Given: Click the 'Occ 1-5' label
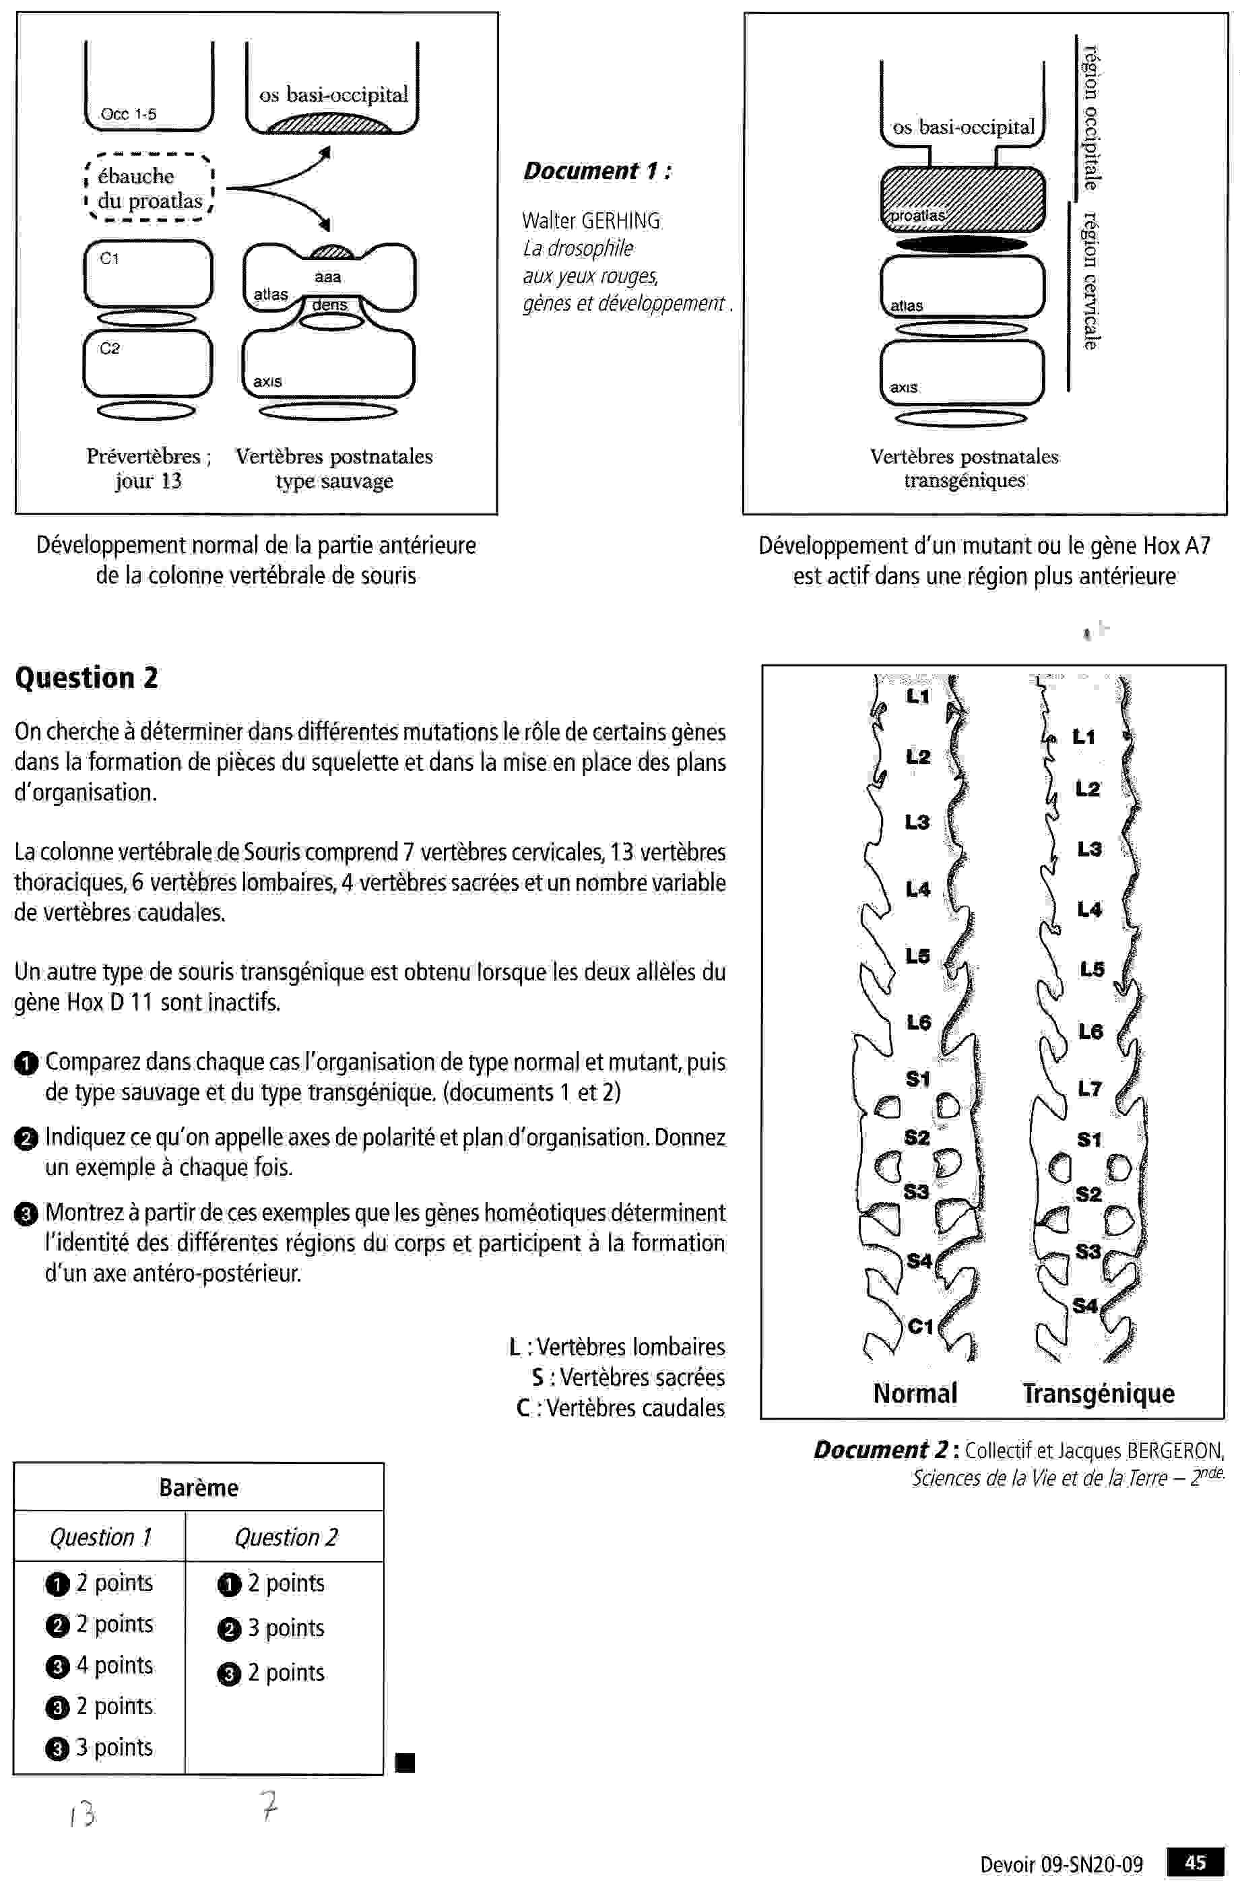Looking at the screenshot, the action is (128, 114).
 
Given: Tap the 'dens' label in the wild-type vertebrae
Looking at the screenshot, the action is (330, 304).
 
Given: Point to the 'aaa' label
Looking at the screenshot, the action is (327, 277).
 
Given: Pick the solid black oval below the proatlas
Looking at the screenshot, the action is (962, 244).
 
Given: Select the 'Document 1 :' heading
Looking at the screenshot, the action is (597, 171).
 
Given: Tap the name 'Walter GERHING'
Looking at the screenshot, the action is (591, 220).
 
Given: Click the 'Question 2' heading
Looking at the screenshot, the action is (87, 677).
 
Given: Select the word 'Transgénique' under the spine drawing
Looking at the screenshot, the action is (1098, 1393).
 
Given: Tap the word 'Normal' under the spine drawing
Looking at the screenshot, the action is (915, 1393).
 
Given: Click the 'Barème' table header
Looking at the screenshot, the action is (199, 1487).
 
